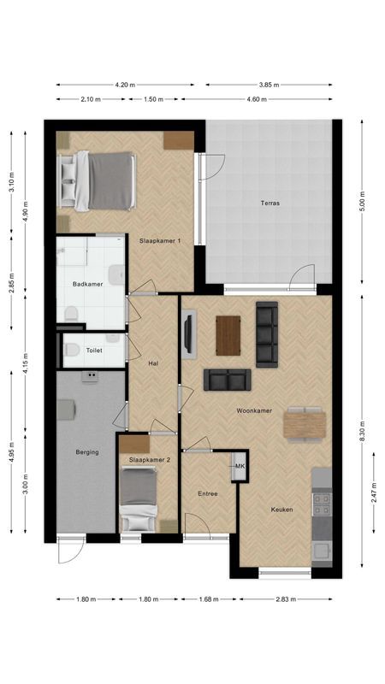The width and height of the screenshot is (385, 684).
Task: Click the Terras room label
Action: point(270,203)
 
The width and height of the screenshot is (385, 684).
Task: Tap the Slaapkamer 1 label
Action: point(160,241)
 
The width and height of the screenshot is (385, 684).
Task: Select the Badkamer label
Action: point(88,284)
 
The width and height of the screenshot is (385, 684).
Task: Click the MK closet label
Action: point(240,466)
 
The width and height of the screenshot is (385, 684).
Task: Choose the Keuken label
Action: point(282,510)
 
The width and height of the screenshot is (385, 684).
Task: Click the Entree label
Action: point(208,493)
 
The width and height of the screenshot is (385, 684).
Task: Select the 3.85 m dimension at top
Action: point(268,85)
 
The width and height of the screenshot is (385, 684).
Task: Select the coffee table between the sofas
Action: point(228,334)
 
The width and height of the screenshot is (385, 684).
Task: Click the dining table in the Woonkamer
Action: point(305,422)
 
